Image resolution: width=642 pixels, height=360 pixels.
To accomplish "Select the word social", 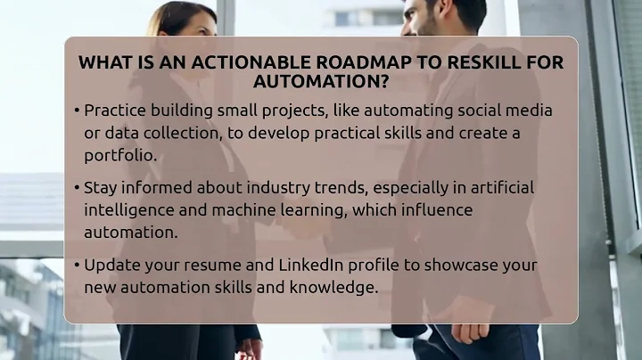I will click(x=464, y=110).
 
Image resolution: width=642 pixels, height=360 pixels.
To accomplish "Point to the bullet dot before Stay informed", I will click(x=76, y=188).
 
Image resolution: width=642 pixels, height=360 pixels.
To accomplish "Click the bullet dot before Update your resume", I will click(x=76, y=266).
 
